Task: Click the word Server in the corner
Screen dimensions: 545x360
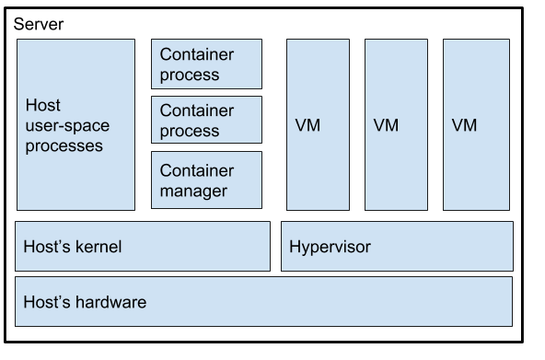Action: pyautogui.click(x=39, y=24)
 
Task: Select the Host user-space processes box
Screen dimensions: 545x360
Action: pyautogui.click(x=75, y=124)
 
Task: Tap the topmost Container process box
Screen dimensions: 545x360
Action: pyautogui.click(x=206, y=64)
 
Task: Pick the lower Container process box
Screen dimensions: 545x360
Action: pyautogui.click(x=206, y=120)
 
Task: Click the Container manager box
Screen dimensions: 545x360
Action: pyautogui.click(x=206, y=180)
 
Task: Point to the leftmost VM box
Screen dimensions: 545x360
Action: pyautogui.click(x=318, y=124)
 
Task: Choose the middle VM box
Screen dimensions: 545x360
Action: pyautogui.click(x=396, y=124)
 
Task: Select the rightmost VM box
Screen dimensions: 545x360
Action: pyautogui.click(x=476, y=124)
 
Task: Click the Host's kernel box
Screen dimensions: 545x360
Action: pyautogui.click(x=143, y=247)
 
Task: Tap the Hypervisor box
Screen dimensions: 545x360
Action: pyautogui.click(x=397, y=247)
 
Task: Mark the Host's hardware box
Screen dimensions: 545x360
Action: pyautogui.click(x=263, y=302)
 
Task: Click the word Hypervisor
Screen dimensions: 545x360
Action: pyautogui.click(x=330, y=248)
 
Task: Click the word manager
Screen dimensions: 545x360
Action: pyautogui.click(x=193, y=192)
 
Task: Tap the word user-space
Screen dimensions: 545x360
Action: pyautogui.click(x=67, y=126)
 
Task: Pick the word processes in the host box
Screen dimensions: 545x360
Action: pyautogui.click(x=64, y=146)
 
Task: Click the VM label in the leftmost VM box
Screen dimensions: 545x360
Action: pyautogui.click(x=307, y=125)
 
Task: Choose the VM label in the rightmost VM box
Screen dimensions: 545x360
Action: pyautogui.click(x=464, y=125)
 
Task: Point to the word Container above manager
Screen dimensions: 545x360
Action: pyautogui.click(x=197, y=170)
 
